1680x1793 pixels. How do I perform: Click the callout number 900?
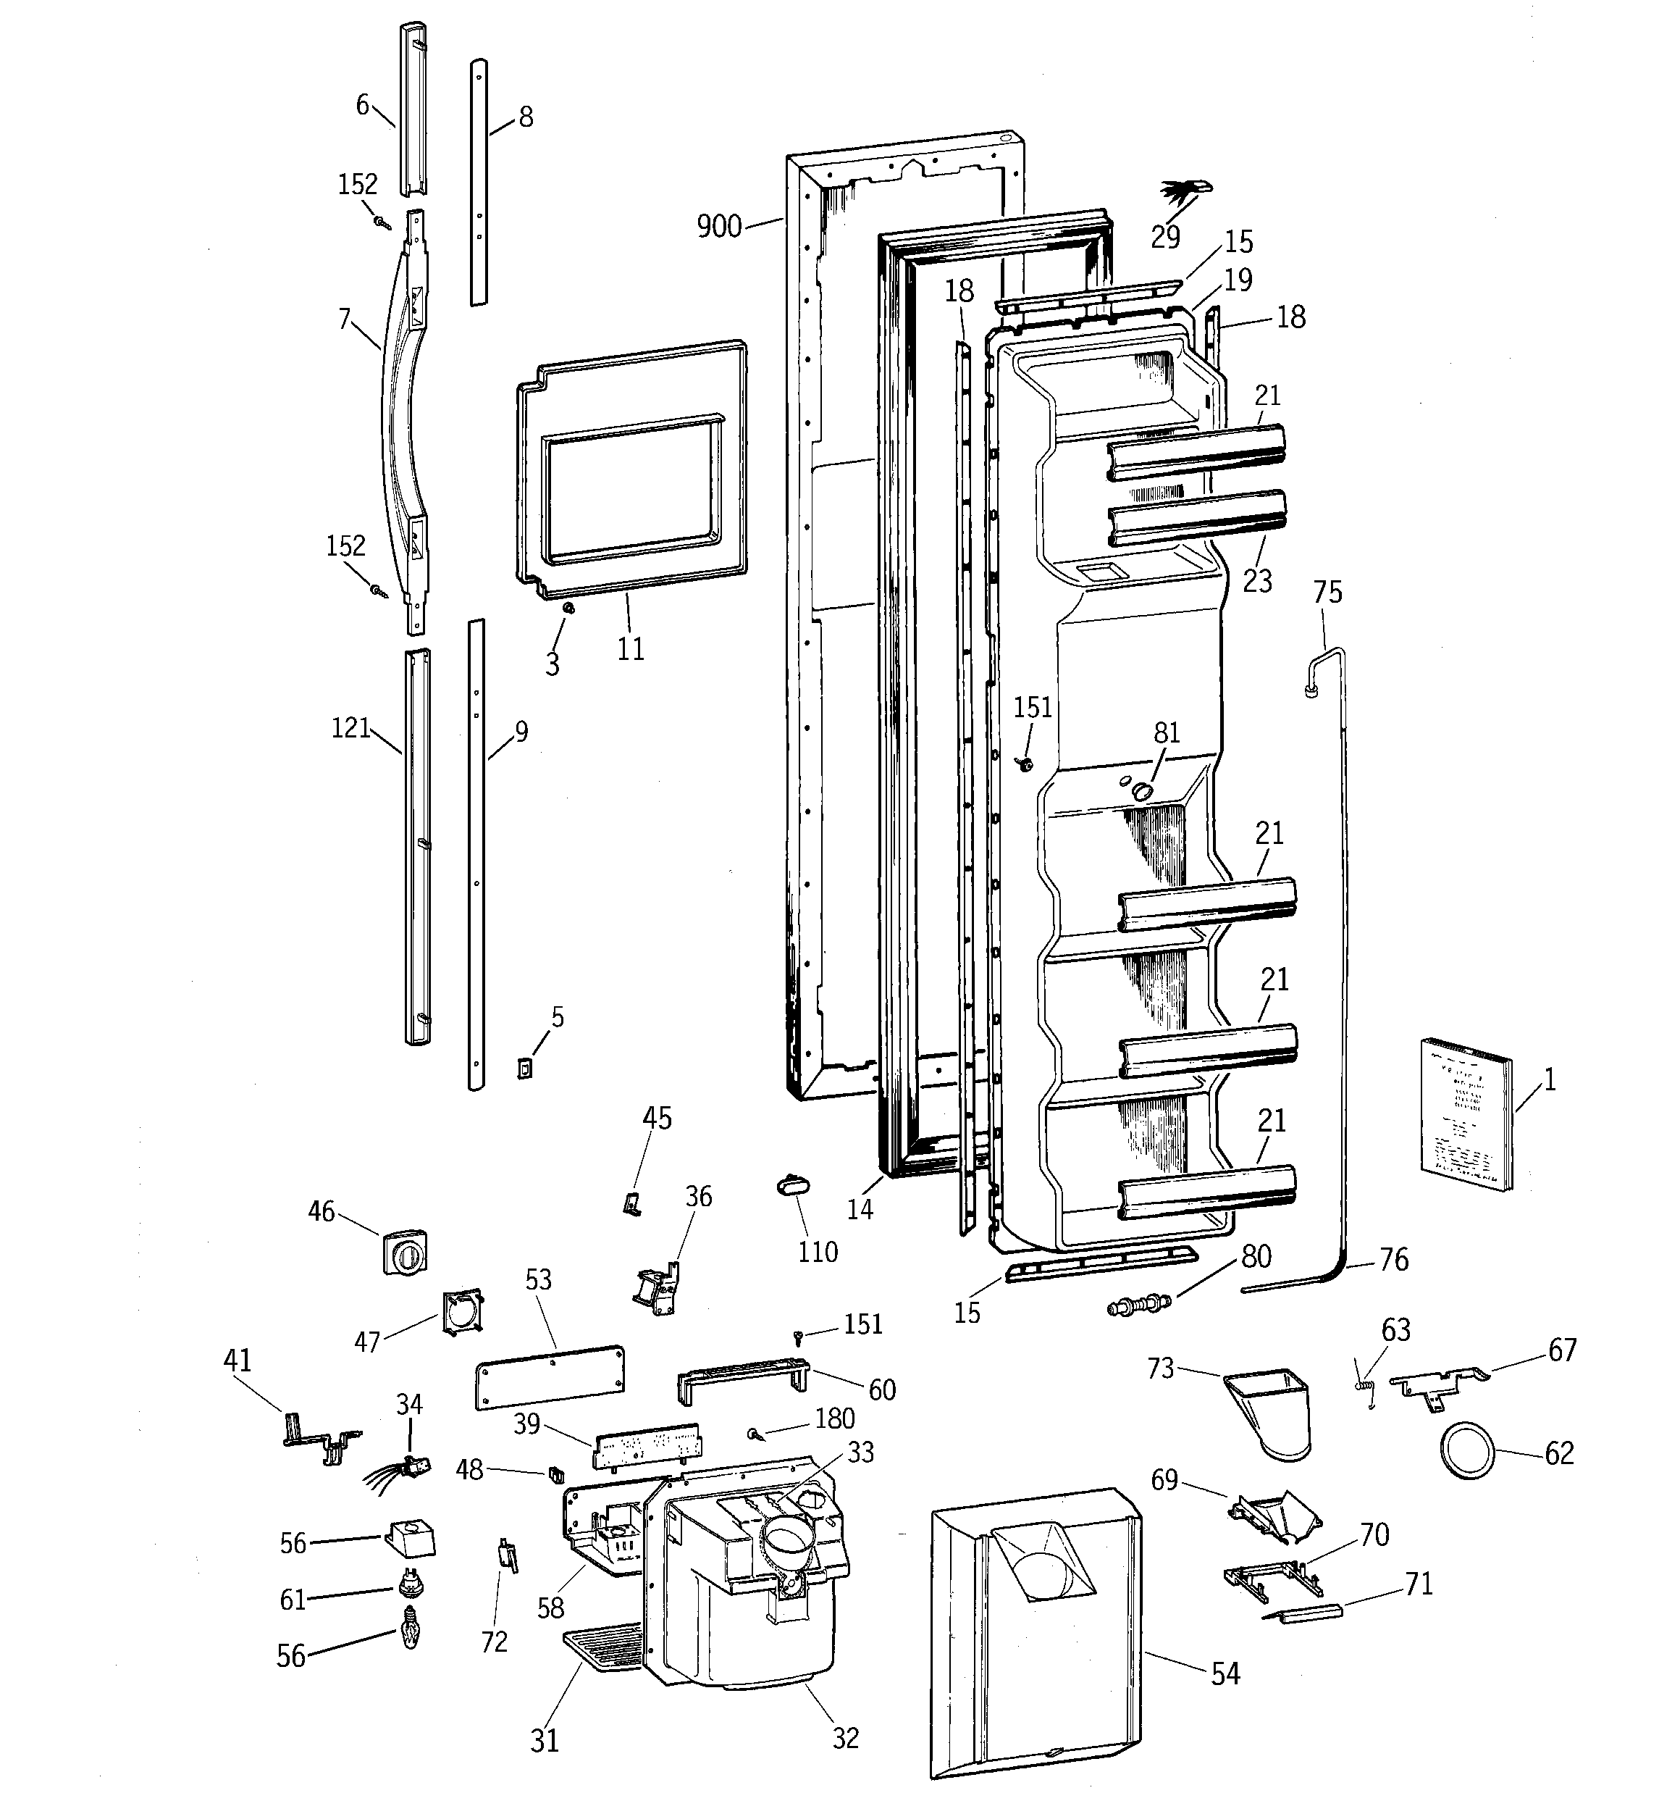point(719,226)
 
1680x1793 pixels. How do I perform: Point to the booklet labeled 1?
point(1466,1116)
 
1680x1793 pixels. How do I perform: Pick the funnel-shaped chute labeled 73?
point(1269,1413)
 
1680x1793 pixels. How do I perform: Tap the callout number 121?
point(350,728)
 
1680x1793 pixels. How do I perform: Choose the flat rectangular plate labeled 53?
point(549,1377)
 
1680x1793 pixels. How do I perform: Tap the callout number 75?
point(1327,593)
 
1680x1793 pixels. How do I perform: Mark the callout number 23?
point(1257,581)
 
